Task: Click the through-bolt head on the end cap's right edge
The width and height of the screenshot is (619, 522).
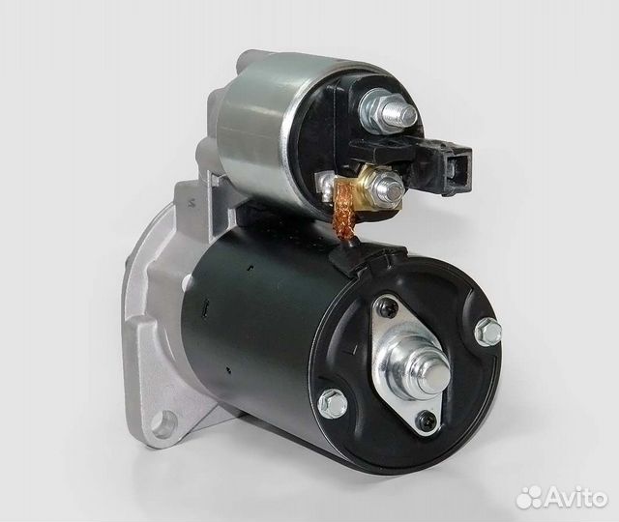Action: point(489,332)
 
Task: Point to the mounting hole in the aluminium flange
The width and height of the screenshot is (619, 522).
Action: point(166,420)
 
